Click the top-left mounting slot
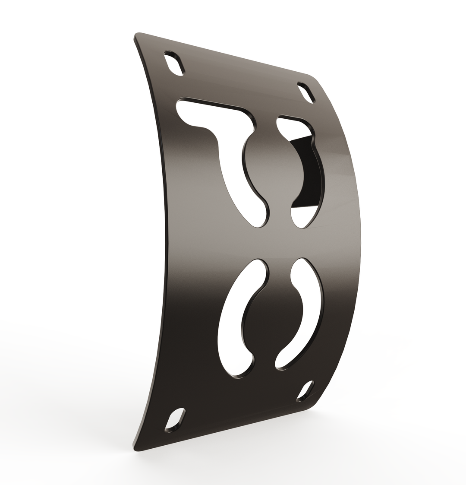coord(174,63)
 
